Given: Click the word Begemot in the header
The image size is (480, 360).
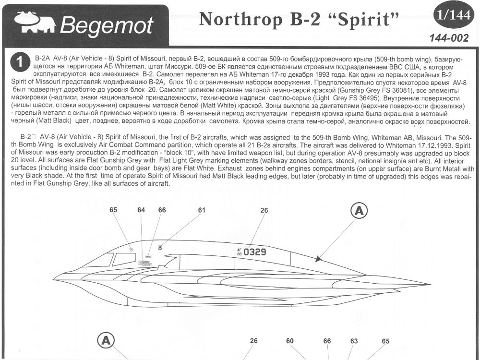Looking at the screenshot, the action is point(107,25).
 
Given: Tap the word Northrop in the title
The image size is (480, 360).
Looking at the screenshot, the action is point(241,19).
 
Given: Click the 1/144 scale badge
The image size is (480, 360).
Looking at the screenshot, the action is point(454,15).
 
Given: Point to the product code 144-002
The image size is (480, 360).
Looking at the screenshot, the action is point(449,38).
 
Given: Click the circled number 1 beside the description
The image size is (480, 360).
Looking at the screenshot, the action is point(20,62).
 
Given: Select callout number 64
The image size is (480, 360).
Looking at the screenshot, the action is point(141,210).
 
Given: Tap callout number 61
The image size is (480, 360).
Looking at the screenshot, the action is point(202,210).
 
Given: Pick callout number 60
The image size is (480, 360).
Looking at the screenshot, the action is point(289,341).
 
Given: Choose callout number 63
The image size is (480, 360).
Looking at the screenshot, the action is point(354,341).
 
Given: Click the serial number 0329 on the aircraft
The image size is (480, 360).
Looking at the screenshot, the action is point(255,252).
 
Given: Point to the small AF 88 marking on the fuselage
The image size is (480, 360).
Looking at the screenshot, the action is point(240,252).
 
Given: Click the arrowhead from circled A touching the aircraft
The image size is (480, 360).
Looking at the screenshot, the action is point(319,259).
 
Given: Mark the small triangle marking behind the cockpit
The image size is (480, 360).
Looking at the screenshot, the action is point(132,250).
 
